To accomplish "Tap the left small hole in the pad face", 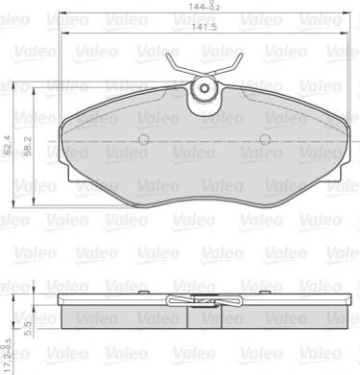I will [x=144, y=140].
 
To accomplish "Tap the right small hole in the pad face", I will [x=264, y=140].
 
